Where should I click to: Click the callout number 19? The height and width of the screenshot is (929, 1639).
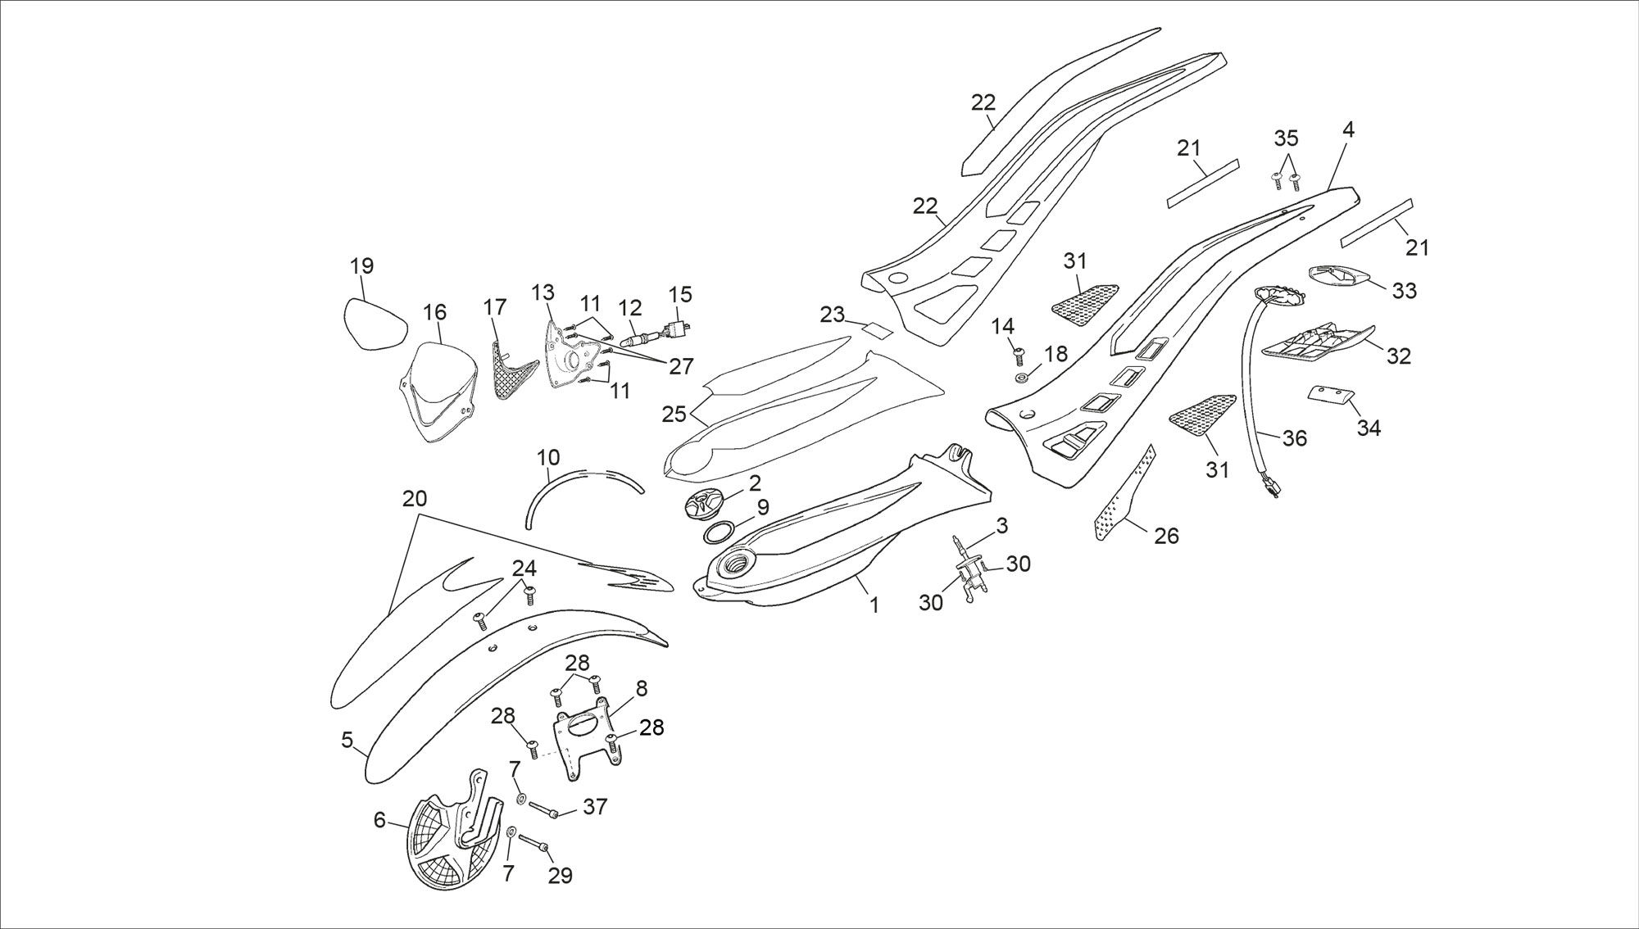point(361,266)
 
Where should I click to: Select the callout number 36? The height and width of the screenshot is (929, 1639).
point(1295,438)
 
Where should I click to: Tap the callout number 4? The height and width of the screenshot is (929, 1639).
point(1349,129)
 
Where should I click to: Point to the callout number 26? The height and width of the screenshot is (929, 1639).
point(1166,536)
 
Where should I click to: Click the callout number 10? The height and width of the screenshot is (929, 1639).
point(548,456)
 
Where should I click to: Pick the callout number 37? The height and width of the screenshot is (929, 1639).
point(595,807)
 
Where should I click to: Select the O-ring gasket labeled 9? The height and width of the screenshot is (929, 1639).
point(720,533)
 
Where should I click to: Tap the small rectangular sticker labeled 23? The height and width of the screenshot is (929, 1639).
point(876,332)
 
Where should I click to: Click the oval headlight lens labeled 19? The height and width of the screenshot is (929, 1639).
point(375,324)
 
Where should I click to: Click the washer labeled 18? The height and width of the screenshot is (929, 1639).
point(1022,378)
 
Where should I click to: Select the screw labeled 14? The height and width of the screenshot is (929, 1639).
point(1019,356)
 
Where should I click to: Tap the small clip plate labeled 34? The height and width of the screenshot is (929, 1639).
point(1331,394)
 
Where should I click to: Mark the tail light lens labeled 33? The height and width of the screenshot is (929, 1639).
point(1337,277)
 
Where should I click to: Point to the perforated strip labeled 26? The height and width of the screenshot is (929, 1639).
point(1124,494)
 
